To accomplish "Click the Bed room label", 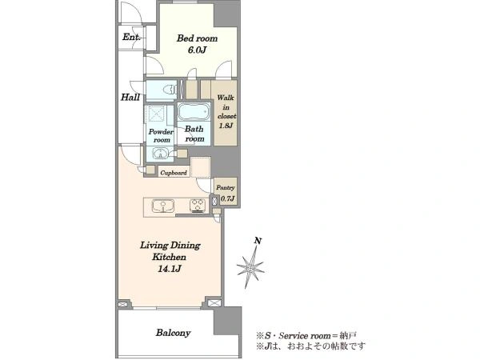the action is [197, 38].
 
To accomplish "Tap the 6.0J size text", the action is [197, 50].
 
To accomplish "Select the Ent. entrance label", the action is [131, 37].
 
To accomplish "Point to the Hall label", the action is [130, 98].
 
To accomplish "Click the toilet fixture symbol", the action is [169, 90].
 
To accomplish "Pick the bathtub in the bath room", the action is [194, 112].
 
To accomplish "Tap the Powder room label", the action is [161, 136].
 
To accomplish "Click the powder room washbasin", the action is [159, 154].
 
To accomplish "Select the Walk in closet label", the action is [226, 107].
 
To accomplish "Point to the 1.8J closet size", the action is [226, 126].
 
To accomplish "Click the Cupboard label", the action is [174, 173].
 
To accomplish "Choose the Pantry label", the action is [226, 188].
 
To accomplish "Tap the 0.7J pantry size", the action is [227, 198].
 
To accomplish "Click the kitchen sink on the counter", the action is [163, 206].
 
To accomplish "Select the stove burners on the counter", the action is [198, 206].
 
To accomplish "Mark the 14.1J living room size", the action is [170, 269].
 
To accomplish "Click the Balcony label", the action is [173, 333].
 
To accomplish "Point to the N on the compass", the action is [258, 241].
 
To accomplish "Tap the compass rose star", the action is [250, 267].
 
